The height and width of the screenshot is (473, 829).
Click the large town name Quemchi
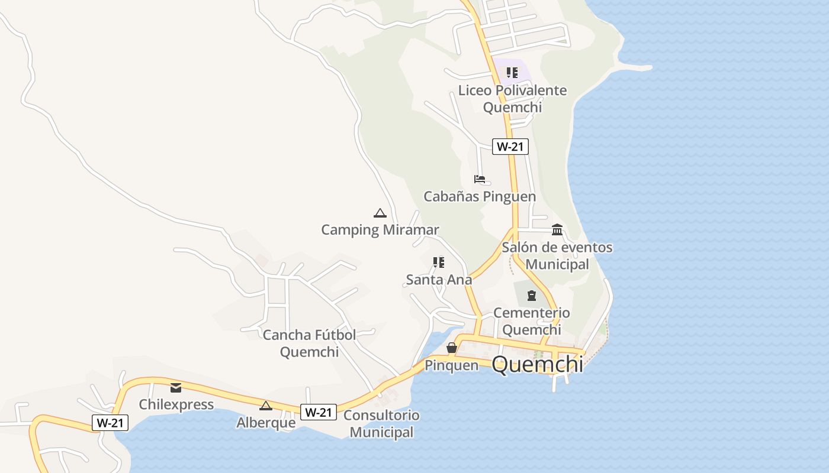(537, 364)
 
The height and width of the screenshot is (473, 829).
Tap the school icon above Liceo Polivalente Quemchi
(512, 73)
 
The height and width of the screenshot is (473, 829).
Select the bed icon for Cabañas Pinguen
(479, 179)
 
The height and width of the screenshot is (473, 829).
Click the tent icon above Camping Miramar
(380, 213)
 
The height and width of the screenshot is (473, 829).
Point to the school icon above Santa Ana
(438, 262)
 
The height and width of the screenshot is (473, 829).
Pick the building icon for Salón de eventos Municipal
(557, 229)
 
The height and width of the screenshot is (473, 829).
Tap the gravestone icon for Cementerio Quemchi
(531, 295)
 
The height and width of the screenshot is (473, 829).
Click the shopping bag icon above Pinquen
(451, 348)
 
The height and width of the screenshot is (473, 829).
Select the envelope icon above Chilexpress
(176, 388)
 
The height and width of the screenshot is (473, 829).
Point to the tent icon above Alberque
(266, 406)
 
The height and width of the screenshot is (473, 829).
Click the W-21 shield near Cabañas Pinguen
(510, 146)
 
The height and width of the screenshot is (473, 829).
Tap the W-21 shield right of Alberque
(319, 412)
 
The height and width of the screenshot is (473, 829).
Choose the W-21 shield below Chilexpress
(110, 422)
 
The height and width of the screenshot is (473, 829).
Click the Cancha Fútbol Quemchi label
(309, 343)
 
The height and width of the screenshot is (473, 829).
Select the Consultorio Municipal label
(381, 423)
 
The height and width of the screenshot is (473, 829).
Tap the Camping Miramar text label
(380, 229)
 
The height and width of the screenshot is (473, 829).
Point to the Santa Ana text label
(439, 280)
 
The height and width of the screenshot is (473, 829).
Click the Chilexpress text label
(176, 404)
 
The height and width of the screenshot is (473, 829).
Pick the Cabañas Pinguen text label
(480, 196)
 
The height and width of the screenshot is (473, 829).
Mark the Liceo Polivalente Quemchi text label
(512, 99)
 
